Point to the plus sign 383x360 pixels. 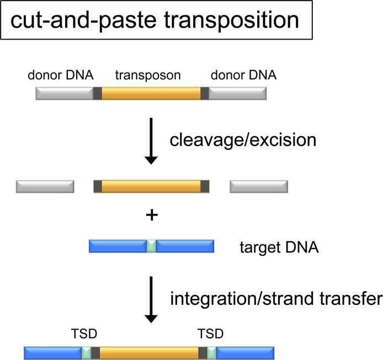point(151,216)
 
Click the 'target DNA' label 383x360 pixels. point(279,247)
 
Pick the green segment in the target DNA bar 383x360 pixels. point(151,246)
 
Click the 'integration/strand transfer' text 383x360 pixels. point(275,299)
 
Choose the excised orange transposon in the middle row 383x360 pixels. point(151,186)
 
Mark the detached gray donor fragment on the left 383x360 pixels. point(45,186)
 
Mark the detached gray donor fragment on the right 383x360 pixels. point(258,186)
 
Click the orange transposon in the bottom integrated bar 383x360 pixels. point(149,353)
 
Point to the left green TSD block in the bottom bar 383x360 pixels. point(86,353)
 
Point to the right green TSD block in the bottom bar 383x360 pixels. point(211,353)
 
